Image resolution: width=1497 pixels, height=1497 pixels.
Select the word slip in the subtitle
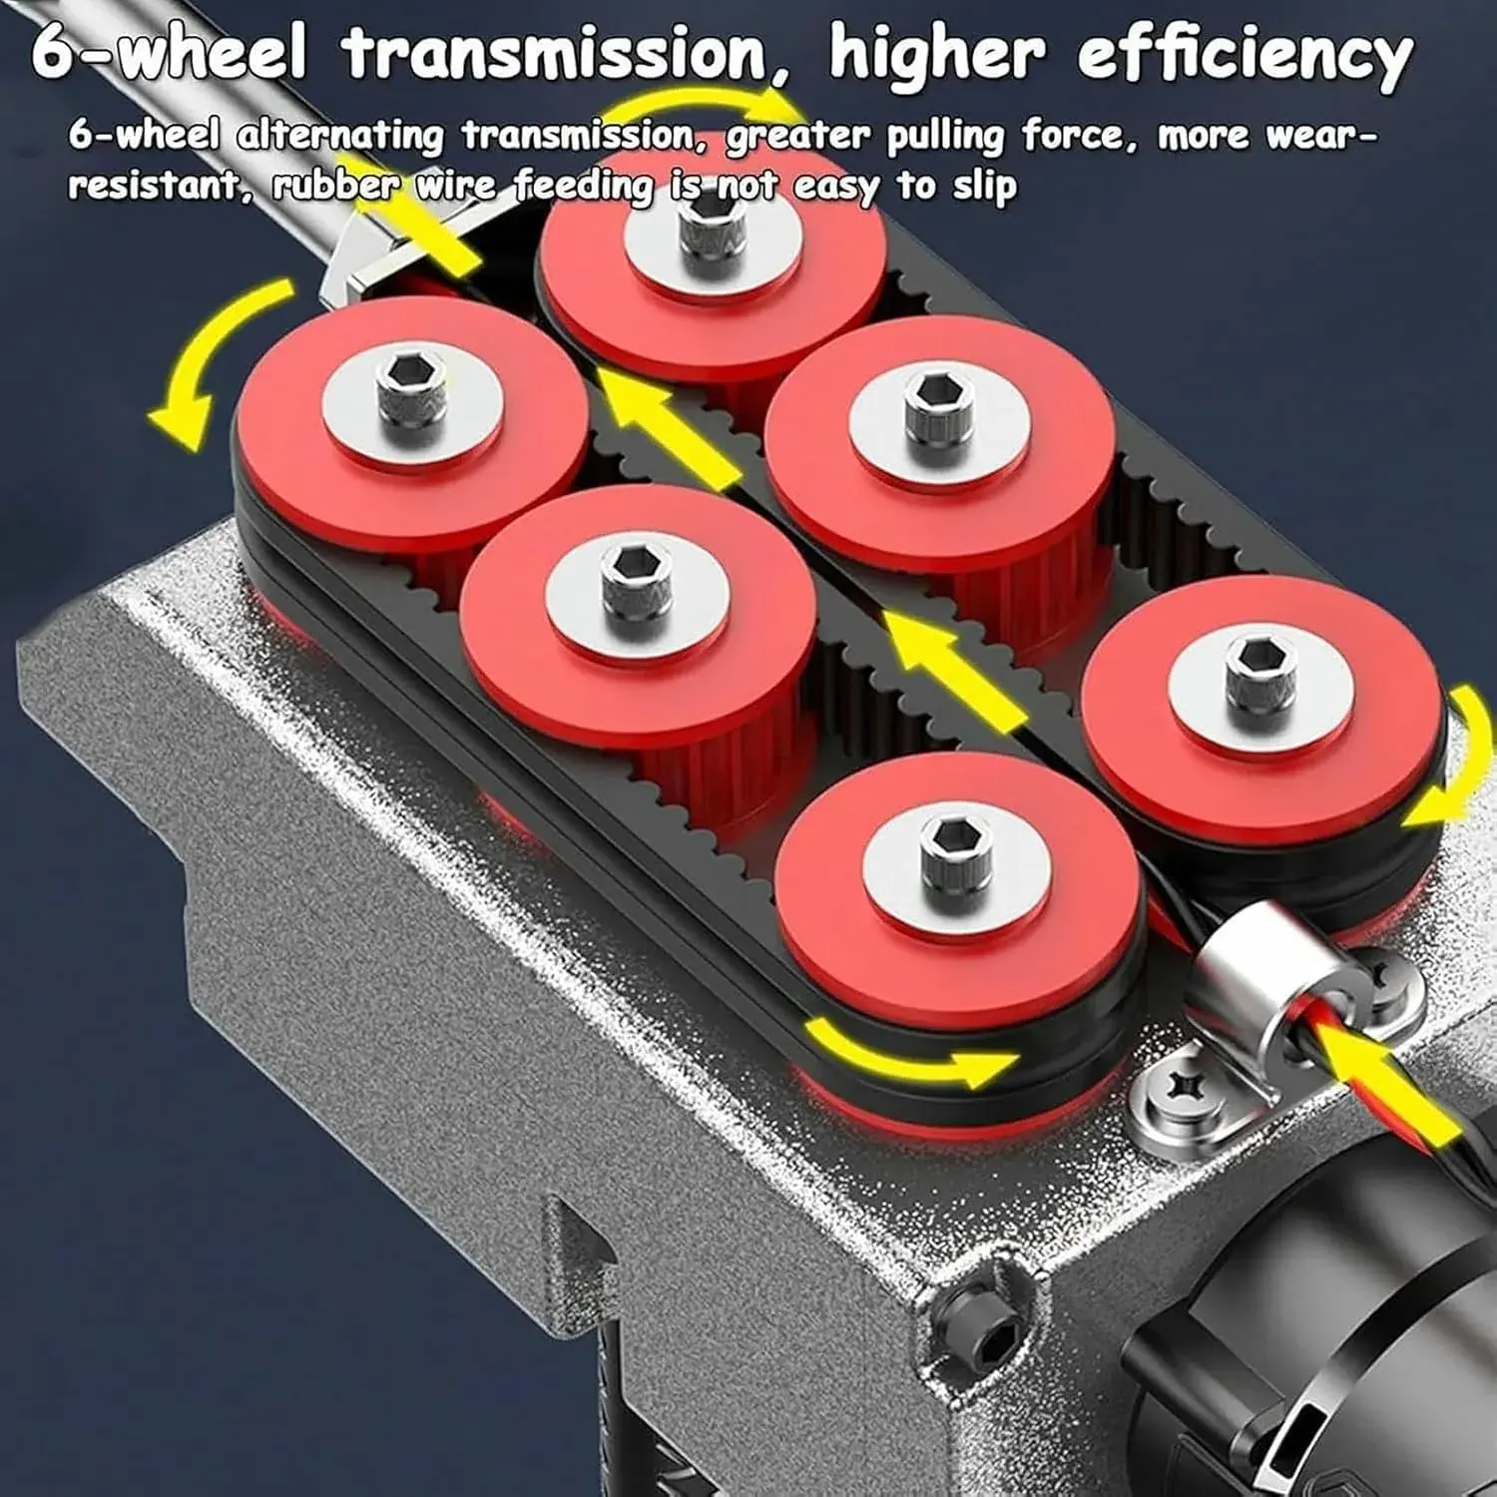984,186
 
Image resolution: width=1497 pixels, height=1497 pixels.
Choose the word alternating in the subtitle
339,135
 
